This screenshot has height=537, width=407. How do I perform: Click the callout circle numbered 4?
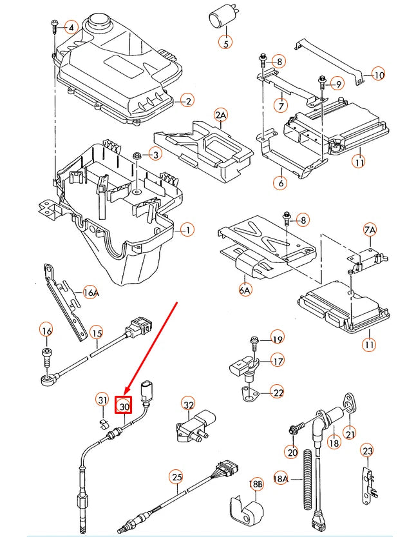point(71,27)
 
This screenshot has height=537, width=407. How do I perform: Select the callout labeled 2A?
point(221,115)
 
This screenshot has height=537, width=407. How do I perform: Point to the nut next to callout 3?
point(137,156)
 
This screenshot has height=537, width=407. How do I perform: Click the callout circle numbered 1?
point(187,229)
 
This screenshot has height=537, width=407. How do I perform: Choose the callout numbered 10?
point(377,75)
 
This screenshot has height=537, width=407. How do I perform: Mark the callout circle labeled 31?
point(102,400)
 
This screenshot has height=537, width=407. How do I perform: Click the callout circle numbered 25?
point(176,477)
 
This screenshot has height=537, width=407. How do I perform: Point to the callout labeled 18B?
point(256,484)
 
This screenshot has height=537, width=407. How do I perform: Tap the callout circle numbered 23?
point(366,451)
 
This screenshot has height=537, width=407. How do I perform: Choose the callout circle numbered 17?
point(277,361)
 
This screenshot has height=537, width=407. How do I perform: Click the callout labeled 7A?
point(369,229)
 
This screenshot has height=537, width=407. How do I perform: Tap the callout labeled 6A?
point(245,291)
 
